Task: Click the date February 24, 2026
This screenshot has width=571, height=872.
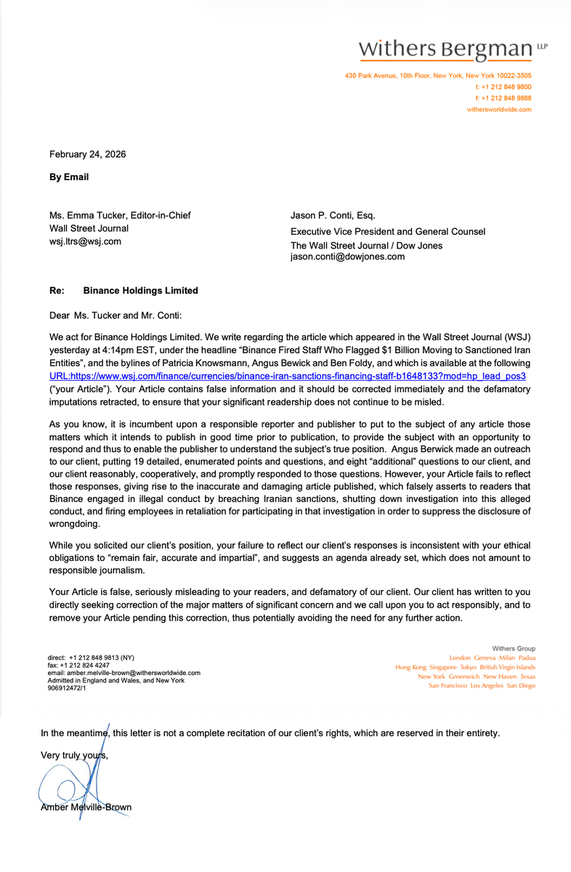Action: pyautogui.click(x=87, y=153)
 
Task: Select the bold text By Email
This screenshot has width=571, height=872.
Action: pyautogui.click(x=69, y=177)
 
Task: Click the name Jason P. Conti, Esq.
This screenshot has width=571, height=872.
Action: pyautogui.click(x=333, y=215)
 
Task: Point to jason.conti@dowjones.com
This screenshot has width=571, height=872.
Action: pyautogui.click(x=347, y=256)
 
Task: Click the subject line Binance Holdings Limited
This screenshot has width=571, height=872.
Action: pyautogui.click(x=140, y=291)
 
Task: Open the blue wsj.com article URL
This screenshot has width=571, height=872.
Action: pyautogui.click(x=287, y=376)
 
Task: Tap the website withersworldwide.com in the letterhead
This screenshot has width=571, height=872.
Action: pyautogui.click(x=498, y=110)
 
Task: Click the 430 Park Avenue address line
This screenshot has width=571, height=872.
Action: pyautogui.click(x=438, y=76)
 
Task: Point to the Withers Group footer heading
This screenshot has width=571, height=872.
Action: pyautogui.click(x=513, y=648)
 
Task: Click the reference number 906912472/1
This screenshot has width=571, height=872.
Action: pyautogui.click(x=67, y=687)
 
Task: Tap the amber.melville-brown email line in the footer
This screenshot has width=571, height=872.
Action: pyautogui.click(x=123, y=673)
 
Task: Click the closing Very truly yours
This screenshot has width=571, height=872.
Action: pyautogui.click(x=75, y=755)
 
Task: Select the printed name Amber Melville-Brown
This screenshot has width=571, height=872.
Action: pyautogui.click(x=86, y=807)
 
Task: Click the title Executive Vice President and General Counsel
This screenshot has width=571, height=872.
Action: pyautogui.click(x=388, y=232)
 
